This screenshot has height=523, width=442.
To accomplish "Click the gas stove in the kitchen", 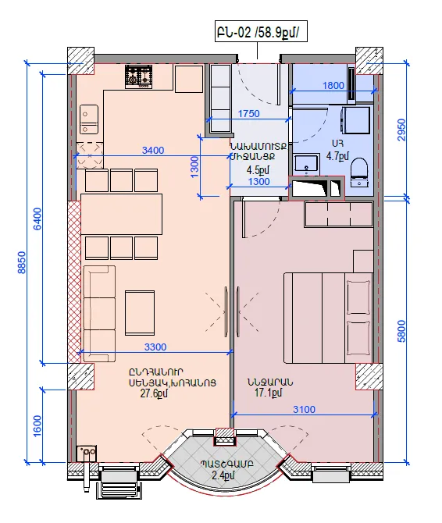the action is pos(139,76).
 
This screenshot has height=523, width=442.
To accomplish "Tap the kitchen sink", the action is pos(89,119).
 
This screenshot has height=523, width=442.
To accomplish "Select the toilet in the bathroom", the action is pos(359,172).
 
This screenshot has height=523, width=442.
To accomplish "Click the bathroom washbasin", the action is pos(306,165).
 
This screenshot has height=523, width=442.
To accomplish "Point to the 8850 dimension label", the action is pos(22,262).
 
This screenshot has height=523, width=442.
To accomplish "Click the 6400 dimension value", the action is pos(37,219).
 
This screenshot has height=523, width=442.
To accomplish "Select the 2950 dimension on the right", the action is pos(402,130).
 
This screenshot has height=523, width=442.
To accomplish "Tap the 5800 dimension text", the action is pos(402,331).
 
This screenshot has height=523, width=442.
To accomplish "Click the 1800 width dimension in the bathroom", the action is pos(333,86).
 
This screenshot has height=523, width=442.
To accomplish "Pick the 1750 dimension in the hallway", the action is pos(248,114).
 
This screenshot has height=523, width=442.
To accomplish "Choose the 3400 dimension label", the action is pos(153,151).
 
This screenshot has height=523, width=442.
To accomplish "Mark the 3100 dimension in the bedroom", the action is pos(305,409).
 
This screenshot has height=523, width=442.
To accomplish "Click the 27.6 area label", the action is pos(154,393).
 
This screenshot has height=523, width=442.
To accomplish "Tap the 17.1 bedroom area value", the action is pos(269,393).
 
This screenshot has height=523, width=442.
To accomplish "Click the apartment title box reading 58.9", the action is pos(261,32).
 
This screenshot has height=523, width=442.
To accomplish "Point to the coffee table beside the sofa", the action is pos(140,313).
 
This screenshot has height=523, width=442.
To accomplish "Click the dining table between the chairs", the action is pos(121,215).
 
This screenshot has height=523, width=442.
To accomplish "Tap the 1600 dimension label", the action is pos(37,425).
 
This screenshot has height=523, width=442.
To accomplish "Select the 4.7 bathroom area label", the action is pos(337,156).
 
